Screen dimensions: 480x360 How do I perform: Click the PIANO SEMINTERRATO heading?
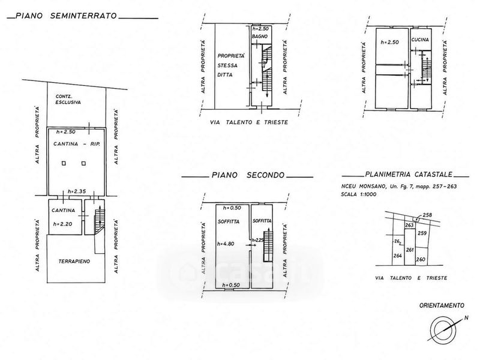click(66, 16)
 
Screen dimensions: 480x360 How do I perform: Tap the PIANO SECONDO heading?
click(248, 175)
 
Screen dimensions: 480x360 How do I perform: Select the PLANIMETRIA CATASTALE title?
click(409, 175)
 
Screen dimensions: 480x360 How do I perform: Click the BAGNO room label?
click(260, 37)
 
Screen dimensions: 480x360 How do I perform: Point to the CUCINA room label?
click(420, 40)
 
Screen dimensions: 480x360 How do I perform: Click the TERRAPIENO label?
click(74, 262)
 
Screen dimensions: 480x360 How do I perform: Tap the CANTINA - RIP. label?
click(77, 144)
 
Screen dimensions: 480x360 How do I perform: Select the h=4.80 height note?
click(226, 244)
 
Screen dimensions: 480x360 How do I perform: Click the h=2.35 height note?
click(77, 191)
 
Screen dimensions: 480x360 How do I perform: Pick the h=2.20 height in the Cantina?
click(62, 224)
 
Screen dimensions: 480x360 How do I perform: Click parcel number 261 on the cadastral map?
click(410, 250)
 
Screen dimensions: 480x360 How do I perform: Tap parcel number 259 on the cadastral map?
click(422, 233)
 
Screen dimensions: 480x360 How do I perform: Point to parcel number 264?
click(397, 256)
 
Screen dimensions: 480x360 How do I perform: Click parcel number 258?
click(427, 215)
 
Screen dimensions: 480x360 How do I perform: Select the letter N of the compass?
click(466, 318)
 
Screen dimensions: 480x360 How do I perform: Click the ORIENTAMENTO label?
click(442, 305)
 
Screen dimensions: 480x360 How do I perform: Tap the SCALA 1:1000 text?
click(359, 194)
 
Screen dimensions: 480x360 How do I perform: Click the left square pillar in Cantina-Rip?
click(64, 163)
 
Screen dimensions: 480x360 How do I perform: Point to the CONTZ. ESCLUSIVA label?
click(68, 100)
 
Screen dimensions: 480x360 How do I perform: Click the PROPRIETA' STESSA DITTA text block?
click(231, 65)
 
